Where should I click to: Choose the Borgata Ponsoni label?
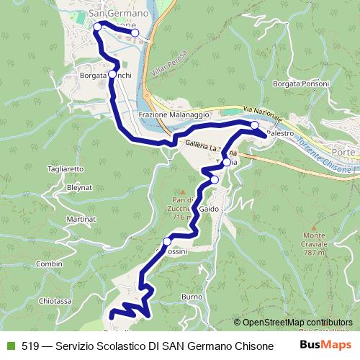pyautogui.click(x=299, y=84)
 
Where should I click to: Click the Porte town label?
pyautogui.click(x=347, y=153)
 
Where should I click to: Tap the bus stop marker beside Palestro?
pyautogui.click(x=255, y=126)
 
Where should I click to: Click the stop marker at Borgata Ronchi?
pyautogui.click(x=112, y=74)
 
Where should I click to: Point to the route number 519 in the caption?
pyautogui.click(x=30, y=346)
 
